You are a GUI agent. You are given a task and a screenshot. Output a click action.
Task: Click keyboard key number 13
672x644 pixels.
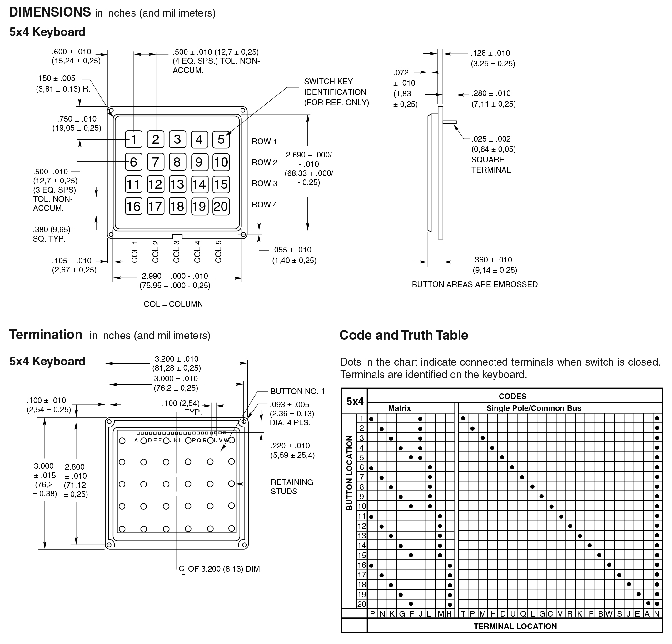pos(177,184)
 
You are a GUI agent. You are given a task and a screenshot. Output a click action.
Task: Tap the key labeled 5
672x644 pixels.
pos(221,140)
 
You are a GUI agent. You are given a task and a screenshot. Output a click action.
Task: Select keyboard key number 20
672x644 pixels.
pos(221,207)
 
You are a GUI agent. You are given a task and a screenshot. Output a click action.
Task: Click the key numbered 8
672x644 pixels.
pos(177,162)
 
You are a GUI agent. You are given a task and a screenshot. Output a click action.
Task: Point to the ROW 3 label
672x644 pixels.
pos(264,183)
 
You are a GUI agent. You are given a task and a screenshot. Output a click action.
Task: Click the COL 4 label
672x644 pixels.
pos(197,252)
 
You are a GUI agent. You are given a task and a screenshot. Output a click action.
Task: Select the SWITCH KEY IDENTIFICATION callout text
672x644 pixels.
pos(336,92)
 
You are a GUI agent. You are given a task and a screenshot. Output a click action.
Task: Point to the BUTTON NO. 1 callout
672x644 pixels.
pos(297,391)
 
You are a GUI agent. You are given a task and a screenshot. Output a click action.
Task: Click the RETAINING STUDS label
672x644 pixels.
pos(292,487)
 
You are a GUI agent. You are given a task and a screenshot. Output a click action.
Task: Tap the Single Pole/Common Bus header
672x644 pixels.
pos(534,408)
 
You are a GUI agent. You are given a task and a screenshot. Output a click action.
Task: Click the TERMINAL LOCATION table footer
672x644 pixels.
pos(515,626)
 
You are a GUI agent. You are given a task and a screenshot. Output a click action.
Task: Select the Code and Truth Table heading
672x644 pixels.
pos(404,335)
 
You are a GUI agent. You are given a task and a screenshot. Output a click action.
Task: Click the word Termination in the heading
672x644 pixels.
pos(46,335)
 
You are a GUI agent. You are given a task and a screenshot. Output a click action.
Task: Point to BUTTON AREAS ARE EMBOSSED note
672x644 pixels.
pos(475,284)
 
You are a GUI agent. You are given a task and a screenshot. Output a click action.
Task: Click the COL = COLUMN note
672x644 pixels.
pos(173,304)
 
